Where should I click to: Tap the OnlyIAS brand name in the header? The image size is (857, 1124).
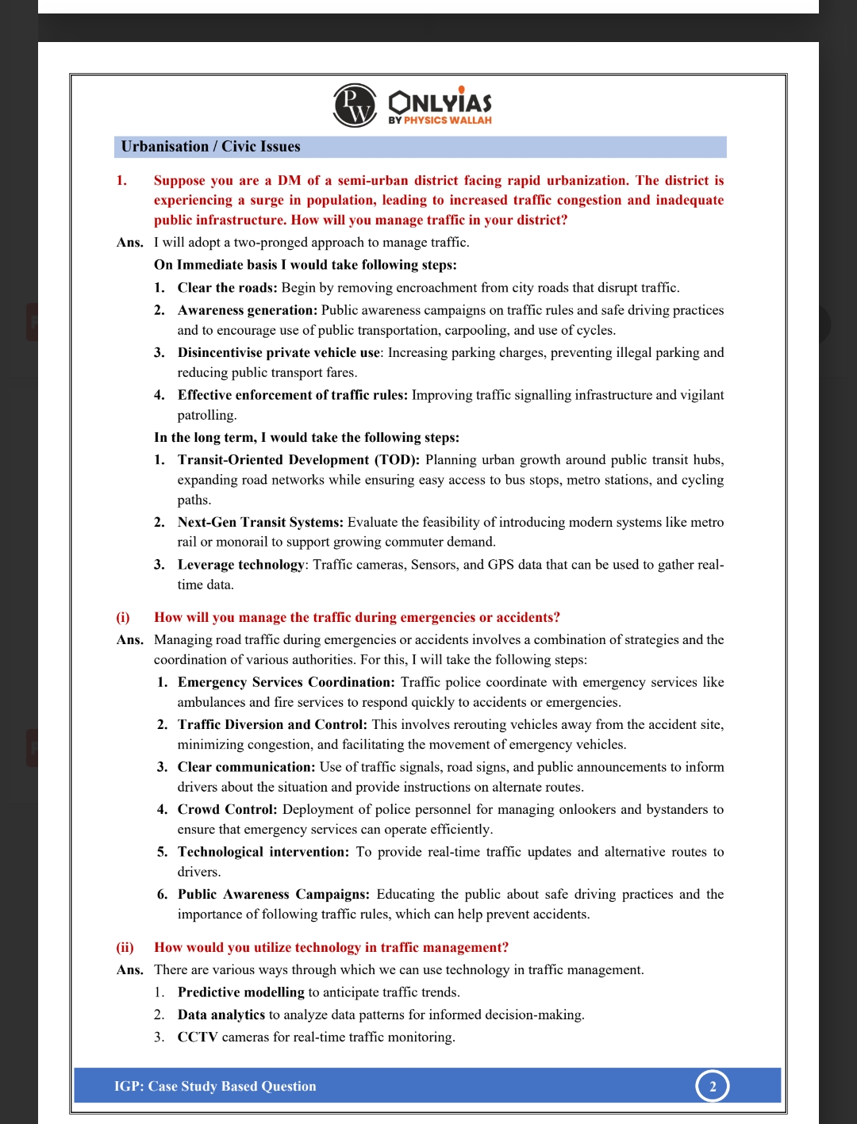point(440,102)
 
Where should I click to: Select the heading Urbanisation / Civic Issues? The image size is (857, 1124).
point(210,147)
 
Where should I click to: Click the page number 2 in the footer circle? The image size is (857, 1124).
point(713,1087)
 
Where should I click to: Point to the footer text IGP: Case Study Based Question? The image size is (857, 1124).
point(215,1087)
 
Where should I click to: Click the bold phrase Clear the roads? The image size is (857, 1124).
point(227,288)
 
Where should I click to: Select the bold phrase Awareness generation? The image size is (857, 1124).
point(247,310)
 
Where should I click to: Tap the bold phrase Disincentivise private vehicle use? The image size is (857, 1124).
point(279,353)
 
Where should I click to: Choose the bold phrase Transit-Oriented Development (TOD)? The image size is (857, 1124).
point(298,460)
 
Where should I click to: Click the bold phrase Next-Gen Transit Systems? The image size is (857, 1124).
point(260,523)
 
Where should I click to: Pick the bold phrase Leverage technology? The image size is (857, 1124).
point(240,565)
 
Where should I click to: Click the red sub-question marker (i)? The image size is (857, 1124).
point(123,618)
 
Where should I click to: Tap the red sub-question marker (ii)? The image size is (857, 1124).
point(125,948)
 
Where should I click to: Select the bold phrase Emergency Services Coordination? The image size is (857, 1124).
point(286,682)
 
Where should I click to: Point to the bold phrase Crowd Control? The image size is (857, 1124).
point(227,810)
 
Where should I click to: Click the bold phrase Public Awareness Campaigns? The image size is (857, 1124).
point(273,895)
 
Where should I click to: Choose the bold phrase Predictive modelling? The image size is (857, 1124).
point(240,992)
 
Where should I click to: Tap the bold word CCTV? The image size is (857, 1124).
point(198,1038)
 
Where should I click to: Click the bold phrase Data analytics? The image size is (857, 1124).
point(221,1015)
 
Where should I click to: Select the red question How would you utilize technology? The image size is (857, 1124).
point(331,948)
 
